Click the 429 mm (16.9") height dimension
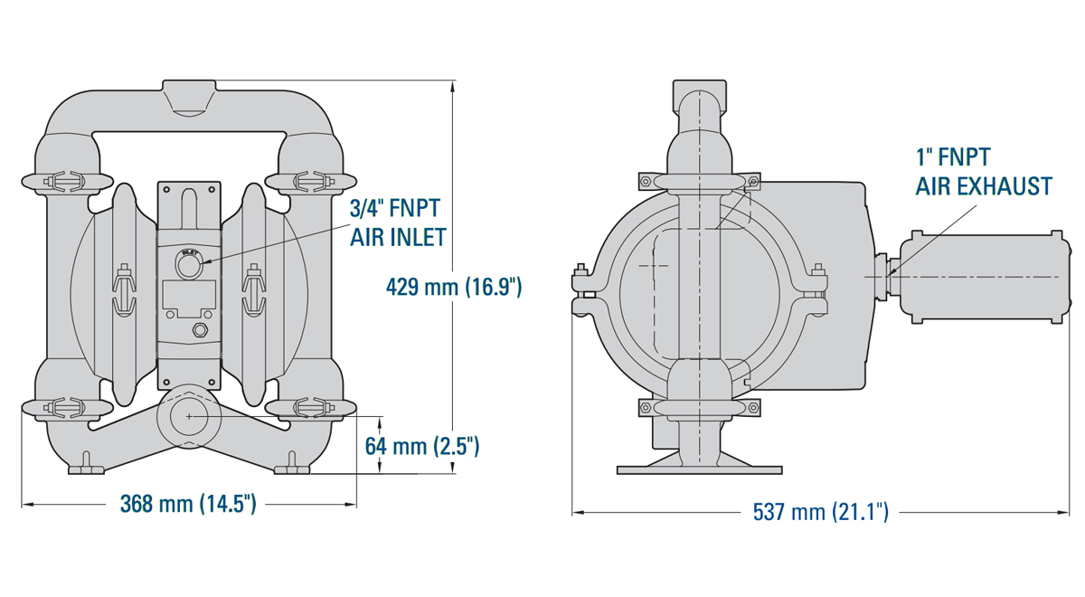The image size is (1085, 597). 454,288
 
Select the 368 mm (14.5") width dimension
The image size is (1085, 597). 188,504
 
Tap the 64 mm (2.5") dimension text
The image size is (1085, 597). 422,446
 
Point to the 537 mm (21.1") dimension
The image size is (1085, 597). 821,512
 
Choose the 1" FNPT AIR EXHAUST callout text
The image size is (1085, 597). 984,172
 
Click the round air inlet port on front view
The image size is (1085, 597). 189,267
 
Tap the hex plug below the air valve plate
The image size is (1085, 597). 200,331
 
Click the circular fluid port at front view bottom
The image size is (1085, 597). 189,416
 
